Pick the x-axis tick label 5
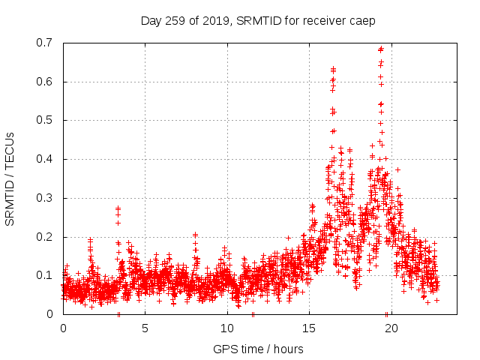145,328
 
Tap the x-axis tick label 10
227,328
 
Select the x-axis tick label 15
309,328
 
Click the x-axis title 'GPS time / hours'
258,349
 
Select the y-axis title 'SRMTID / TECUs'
10,178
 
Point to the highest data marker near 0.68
381,49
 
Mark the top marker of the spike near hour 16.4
333,69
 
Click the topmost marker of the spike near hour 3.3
118,208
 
